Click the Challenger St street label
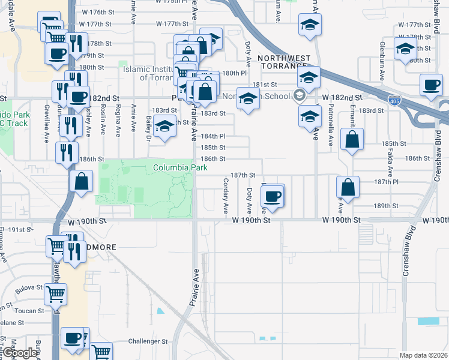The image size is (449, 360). pyautogui.click(x=148, y=341)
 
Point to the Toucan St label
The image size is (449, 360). pyautogui.click(x=29, y=311)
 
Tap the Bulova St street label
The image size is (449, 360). pyautogui.click(x=29, y=287)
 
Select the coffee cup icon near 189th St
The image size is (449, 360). pyautogui.click(x=273, y=196)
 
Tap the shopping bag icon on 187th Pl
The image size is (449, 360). pyautogui.click(x=348, y=187)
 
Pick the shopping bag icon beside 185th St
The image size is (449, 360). pyautogui.click(x=352, y=140)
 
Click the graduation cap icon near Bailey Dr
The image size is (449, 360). pyautogui.click(x=164, y=127)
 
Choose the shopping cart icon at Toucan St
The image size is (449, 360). pyautogui.click(x=55, y=294)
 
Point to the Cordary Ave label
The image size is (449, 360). pyautogui.click(x=226, y=196)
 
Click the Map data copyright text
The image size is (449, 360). pyautogui.click(x=423, y=355)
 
